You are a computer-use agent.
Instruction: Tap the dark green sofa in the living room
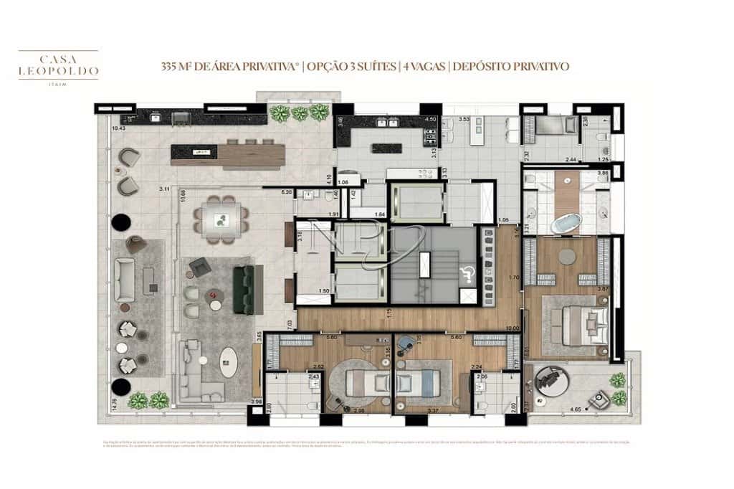[244, 290]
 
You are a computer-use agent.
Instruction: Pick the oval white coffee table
[229, 361]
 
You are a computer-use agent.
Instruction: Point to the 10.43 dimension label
[119, 128]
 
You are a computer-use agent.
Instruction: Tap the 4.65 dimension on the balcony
[576, 409]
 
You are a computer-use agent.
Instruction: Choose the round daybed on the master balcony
[553, 380]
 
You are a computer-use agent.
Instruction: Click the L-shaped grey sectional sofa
[197, 371]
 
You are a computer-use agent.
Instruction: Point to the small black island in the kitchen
[386, 148]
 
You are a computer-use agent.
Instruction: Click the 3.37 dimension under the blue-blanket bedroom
[432, 411]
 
